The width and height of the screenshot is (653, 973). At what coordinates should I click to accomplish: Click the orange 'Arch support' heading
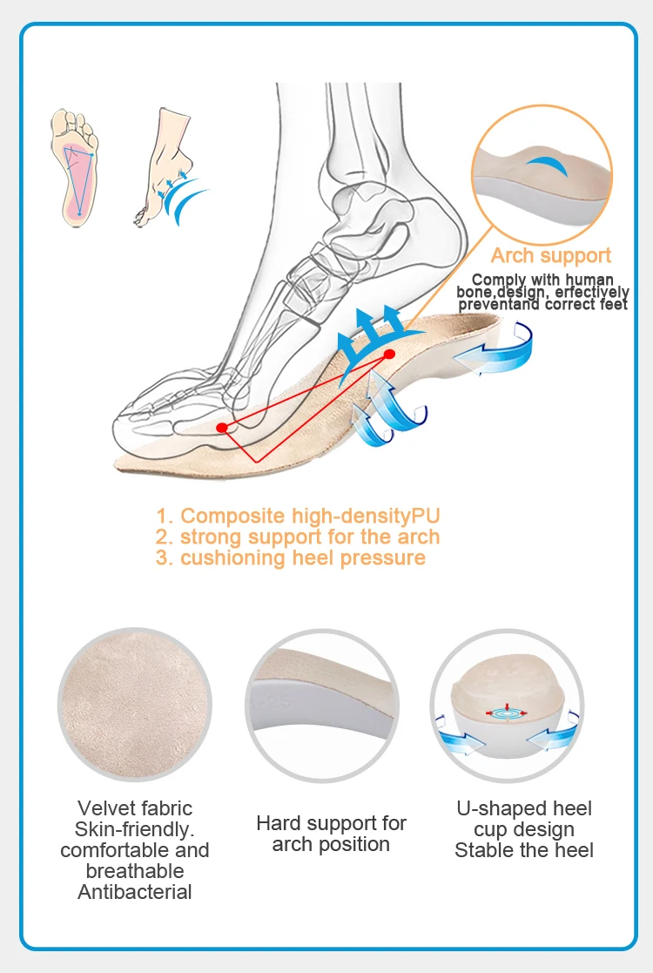[x=550, y=255]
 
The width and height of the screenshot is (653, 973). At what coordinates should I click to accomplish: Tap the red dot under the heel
[x=389, y=355]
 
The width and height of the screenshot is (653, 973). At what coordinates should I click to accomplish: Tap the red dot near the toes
[x=222, y=427]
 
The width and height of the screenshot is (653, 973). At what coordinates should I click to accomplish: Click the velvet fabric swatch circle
[x=134, y=705]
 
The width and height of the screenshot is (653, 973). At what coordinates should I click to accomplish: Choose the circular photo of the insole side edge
[x=329, y=705]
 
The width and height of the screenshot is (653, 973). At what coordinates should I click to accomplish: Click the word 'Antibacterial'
[x=134, y=892]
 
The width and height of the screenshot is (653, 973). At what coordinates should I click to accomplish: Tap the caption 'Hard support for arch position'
[x=331, y=834]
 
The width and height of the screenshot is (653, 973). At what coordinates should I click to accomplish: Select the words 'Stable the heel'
[x=524, y=850]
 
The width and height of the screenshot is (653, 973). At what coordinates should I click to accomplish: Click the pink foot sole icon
[x=77, y=166]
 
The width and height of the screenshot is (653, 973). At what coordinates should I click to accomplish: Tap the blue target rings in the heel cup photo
[x=508, y=712]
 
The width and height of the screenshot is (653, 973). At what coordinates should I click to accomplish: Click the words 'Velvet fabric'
[x=134, y=808]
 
